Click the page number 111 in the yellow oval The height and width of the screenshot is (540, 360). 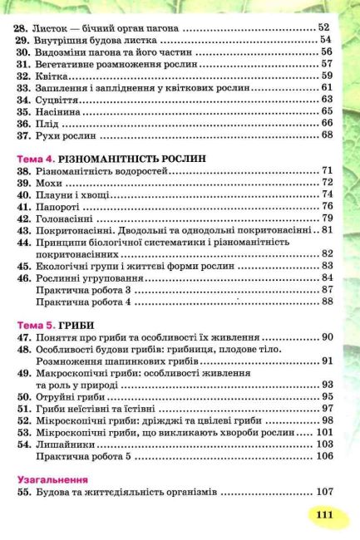tap(323, 515)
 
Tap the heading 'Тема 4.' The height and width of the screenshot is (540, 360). tap(36, 157)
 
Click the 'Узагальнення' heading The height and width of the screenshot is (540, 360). tap(51, 480)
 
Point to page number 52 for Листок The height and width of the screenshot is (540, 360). tap(324, 27)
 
